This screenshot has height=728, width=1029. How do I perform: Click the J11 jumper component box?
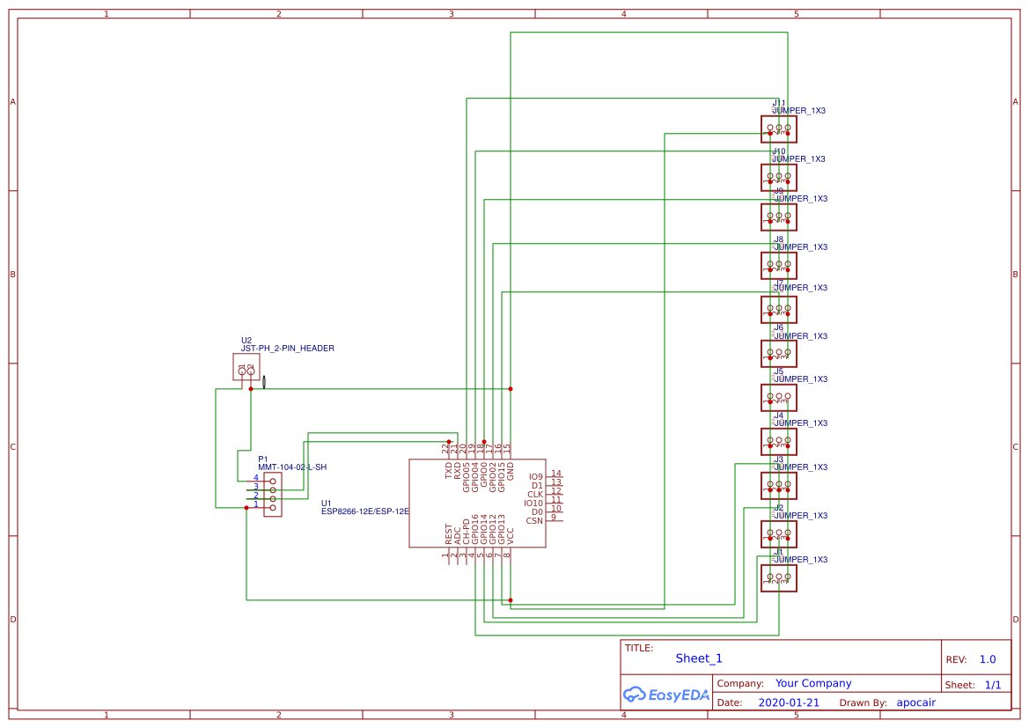pyautogui.click(x=779, y=129)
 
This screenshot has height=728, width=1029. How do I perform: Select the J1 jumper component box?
pyautogui.click(x=779, y=578)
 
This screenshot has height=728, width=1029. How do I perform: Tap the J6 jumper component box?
pyautogui.click(x=779, y=354)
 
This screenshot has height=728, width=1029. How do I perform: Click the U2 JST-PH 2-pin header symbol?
pyautogui.click(x=246, y=367)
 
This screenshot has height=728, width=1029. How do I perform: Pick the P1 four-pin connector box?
pyautogui.click(x=273, y=494)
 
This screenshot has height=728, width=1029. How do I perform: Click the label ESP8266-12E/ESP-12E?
pyautogui.click(x=365, y=511)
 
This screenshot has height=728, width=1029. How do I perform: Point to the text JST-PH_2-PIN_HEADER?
pyautogui.click(x=288, y=349)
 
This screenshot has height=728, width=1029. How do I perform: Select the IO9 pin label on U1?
pyautogui.click(x=536, y=476)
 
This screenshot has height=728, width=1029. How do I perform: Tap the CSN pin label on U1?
pyautogui.click(x=534, y=521)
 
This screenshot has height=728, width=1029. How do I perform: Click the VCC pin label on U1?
pyautogui.click(x=511, y=533)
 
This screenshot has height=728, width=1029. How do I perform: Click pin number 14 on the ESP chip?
pyautogui.click(x=555, y=474)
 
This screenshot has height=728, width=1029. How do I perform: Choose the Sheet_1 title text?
pyautogui.click(x=699, y=658)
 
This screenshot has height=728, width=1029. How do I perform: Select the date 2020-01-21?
pyautogui.click(x=788, y=702)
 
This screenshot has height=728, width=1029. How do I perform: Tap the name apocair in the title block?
pyautogui.click(x=915, y=702)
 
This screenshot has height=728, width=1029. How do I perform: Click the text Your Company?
pyautogui.click(x=813, y=683)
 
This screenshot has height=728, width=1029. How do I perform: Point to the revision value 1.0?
pyautogui.click(x=987, y=659)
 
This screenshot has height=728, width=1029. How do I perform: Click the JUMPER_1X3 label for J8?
pyautogui.click(x=800, y=247)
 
